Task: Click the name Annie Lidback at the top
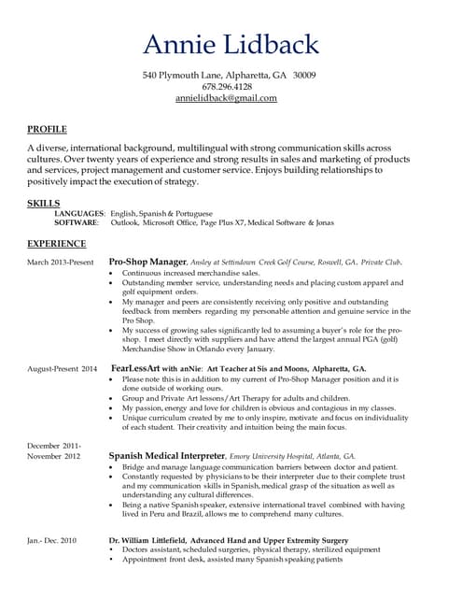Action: coord(231,44)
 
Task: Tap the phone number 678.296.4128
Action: coord(229,86)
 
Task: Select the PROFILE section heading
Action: coord(47,128)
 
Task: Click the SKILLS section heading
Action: coord(44,202)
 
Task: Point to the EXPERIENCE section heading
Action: coord(57,244)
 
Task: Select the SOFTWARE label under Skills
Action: coord(77,223)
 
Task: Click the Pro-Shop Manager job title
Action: coord(148,263)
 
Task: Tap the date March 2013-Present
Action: coord(61,263)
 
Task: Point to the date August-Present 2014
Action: coord(63,370)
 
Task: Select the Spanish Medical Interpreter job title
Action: coord(168,455)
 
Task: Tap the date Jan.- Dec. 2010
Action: coord(52,541)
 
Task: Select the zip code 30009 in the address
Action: coord(303,75)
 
